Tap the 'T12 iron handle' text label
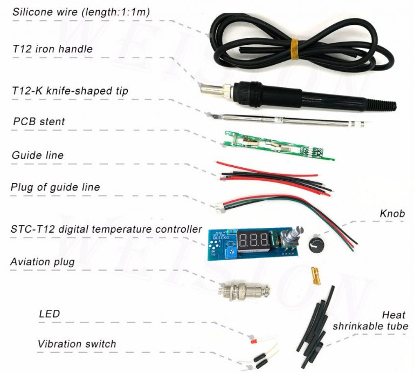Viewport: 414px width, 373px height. [53, 49]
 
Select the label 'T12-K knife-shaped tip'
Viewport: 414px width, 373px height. [70, 91]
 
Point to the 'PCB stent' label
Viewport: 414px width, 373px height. [39, 121]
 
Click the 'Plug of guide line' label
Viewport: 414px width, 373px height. [55, 187]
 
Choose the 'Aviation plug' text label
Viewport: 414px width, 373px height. [42, 262]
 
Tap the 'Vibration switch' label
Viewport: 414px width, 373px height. [77, 344]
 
